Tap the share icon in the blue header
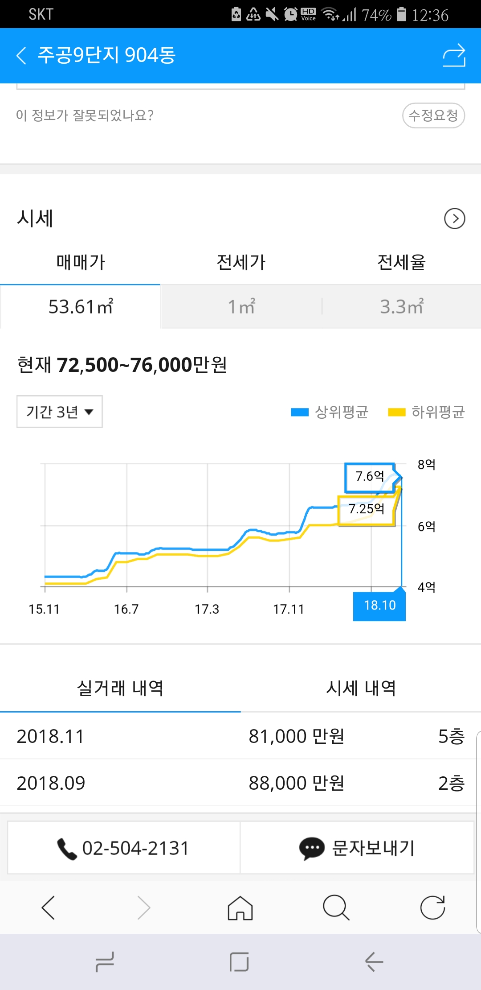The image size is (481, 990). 454,56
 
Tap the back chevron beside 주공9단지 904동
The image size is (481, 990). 21,56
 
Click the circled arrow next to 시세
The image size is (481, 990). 454,219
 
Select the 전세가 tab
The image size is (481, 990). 240,262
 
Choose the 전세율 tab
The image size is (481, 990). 401,262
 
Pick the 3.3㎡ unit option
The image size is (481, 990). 401,307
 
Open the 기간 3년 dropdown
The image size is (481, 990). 60,412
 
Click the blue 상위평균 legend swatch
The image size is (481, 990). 299,412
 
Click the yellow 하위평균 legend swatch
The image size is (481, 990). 396,412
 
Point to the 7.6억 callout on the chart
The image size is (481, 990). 370,477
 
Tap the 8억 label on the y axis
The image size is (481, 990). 426,465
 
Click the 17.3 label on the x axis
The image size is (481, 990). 207,609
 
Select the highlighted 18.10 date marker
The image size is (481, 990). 379,606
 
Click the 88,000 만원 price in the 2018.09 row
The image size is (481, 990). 296,783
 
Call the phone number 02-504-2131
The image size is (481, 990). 124,848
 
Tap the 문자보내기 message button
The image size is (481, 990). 357,848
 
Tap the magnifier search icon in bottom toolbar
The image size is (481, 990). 336,908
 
